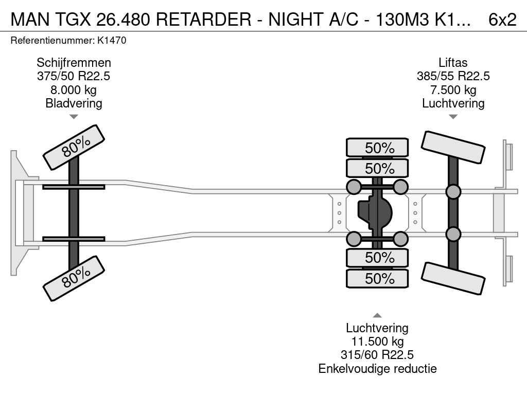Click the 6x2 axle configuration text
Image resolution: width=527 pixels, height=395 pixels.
pos(502,20)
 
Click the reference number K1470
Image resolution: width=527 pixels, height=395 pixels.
pos(112,41)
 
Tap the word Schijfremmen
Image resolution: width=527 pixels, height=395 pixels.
pos(74,63)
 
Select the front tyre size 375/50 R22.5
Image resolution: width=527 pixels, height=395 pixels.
pos(74,76)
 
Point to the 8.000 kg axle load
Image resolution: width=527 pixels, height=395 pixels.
pos(74,90)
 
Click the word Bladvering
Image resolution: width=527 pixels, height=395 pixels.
pos(74,103)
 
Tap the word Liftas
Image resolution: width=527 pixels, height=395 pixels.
pos(453,63)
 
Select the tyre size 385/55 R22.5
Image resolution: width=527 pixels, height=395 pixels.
pos(453,76)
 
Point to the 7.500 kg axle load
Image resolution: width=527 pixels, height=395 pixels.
pos(453,90)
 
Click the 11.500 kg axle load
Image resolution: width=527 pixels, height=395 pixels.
pos(377,342)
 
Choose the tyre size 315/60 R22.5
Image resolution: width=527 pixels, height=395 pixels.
pos(377,355)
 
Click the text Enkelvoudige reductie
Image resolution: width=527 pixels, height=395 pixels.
pos(377,368)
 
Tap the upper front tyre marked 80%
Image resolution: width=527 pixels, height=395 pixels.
pos(74,148)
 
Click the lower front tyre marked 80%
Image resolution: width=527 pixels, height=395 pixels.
pos(74,278)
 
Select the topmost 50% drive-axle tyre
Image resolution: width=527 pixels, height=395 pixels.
pos(377,148)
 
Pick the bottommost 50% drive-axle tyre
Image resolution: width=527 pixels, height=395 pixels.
pos(377,278)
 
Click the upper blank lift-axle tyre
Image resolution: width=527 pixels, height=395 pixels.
pos(453,148)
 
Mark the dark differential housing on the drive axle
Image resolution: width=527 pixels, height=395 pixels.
pos(375,212)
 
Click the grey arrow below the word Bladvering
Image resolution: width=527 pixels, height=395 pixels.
pos(74,117)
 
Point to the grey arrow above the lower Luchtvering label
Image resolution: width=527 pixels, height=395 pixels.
pos(377,315)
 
